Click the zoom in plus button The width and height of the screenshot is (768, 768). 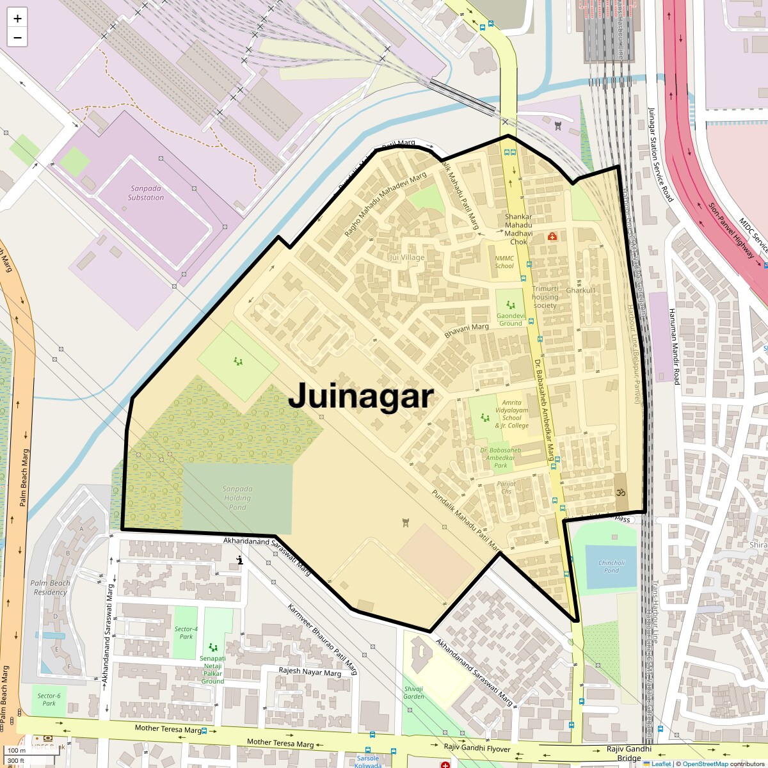17,19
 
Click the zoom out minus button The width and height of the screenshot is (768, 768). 17,38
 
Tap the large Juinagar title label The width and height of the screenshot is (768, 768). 361,396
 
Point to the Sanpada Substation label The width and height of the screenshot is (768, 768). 146,193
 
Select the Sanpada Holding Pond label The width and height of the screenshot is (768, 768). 237,497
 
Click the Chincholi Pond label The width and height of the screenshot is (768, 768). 611,566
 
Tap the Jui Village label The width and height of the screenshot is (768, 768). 406,257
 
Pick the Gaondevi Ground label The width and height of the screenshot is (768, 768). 511,319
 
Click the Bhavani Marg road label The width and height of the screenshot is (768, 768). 467,330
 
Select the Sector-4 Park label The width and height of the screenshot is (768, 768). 186,632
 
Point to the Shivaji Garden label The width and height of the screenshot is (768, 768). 413,692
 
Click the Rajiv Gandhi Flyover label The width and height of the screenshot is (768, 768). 477,748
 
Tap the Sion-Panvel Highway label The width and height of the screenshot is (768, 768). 732,230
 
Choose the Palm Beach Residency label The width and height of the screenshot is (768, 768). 51,587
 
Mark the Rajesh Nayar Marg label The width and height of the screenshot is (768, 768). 310,671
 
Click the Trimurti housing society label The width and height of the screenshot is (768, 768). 545,297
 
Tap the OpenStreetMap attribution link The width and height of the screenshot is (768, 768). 705,764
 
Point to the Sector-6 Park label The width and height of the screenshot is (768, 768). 49,699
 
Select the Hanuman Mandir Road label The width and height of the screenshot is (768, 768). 673,346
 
